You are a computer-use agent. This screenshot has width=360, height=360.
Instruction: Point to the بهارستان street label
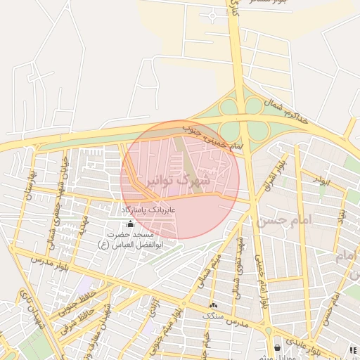point(30,184)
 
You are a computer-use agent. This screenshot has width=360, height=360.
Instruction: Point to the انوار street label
point(321,181)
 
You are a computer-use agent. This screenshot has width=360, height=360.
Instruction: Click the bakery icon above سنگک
point(214,305)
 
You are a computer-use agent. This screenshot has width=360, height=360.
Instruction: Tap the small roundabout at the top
point(212,15)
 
